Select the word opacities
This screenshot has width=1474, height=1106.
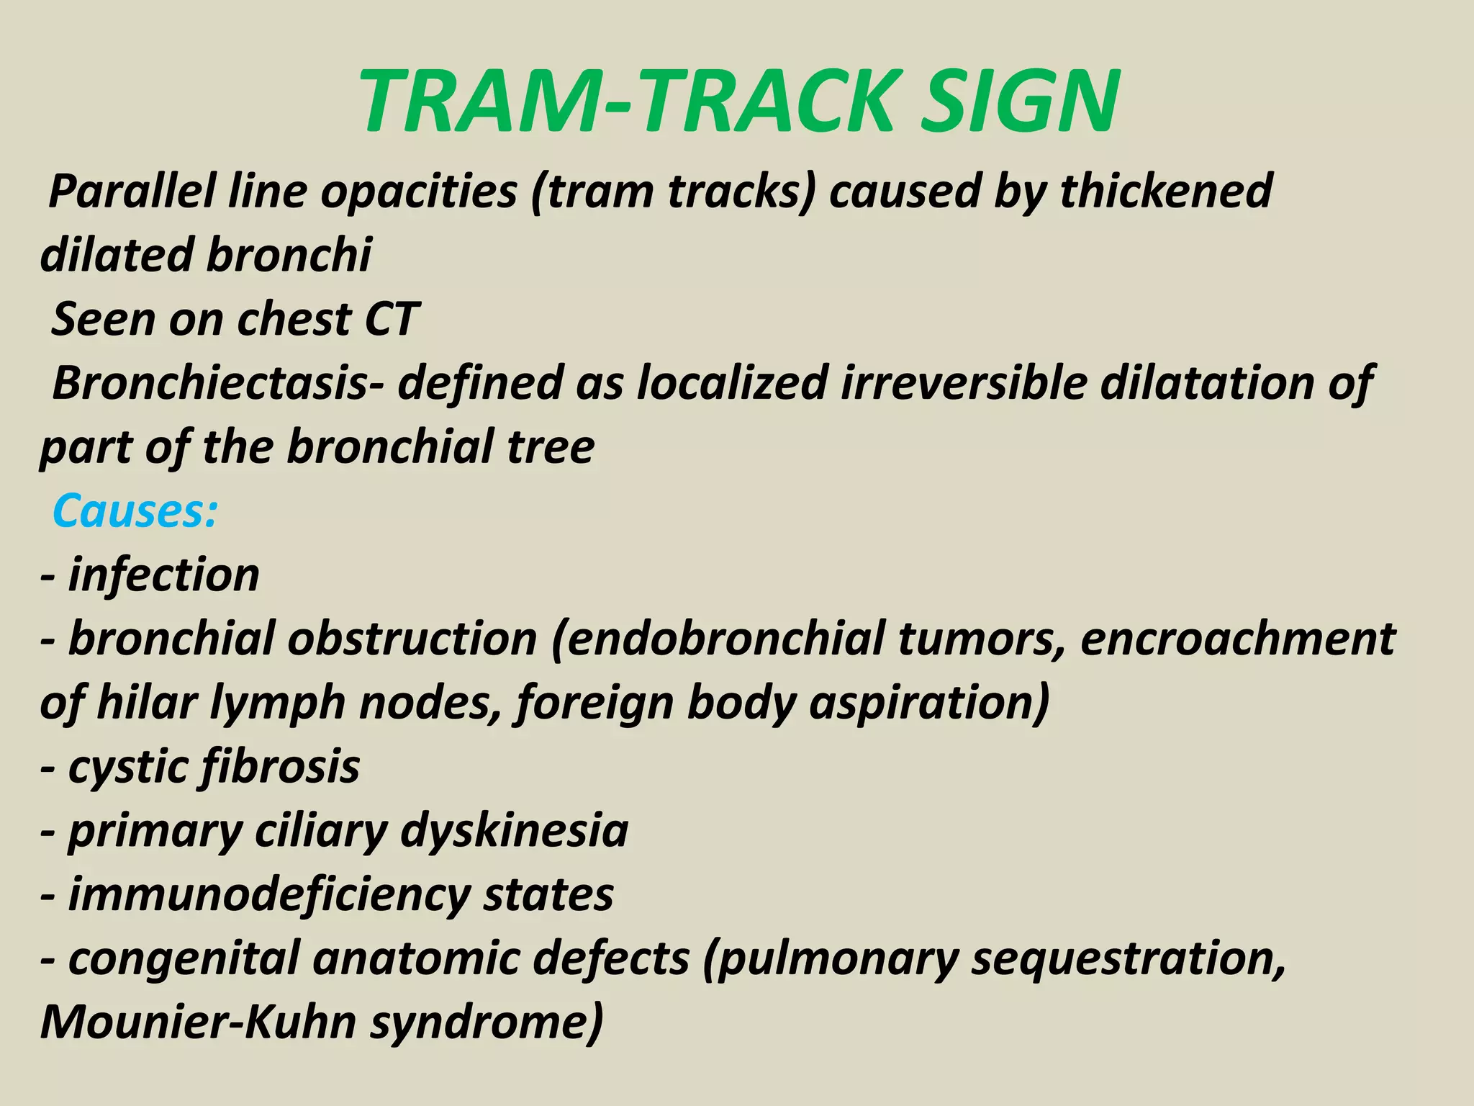coord(418,192)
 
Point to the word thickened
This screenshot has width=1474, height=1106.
coord(1166,192)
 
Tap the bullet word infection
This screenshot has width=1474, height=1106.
coord(163,575)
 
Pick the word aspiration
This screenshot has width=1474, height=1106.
coord(928,703)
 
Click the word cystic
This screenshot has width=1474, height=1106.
coord(126,767)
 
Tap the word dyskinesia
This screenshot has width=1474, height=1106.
coord(514,831)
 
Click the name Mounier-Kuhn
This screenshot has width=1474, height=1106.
coord(198,1022)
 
